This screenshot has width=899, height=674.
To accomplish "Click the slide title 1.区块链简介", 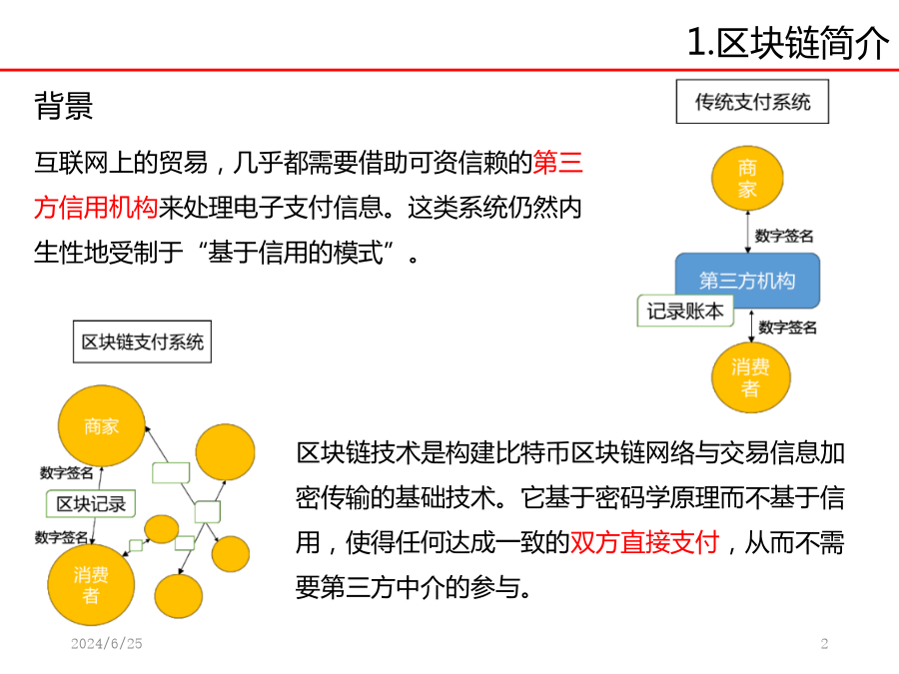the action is pos(788,42).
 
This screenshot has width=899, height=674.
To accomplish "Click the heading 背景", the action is pos(64,106).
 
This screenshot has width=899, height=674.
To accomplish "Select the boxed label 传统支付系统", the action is pos(752,102).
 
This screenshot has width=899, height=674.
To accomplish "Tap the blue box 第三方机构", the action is pos(747,281).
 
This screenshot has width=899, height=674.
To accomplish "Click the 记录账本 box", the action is pos(685,312).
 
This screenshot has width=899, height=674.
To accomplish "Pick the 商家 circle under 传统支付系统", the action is pos(747,179).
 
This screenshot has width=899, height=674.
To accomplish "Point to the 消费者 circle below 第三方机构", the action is pos(750,377).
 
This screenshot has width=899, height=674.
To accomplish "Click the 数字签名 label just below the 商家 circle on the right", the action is pos(784,236).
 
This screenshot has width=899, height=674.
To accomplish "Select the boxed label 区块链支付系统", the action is pos(142,341).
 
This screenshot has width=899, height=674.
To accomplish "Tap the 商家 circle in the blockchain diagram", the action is pos(102,425).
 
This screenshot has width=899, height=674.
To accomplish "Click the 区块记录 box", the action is pos(91,504).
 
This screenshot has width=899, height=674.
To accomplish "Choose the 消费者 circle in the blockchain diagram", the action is pos(91,584).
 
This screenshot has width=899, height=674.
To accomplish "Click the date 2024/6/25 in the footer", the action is pos(107,644).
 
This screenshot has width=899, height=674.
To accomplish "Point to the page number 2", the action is pos(824,644).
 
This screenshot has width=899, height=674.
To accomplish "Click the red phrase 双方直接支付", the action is pos(645,542).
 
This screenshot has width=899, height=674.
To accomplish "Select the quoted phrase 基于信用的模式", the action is pos(295,253).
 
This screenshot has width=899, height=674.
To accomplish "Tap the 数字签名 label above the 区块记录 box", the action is pos(67,473).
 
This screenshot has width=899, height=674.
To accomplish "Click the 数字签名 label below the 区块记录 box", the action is pos(61,537).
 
